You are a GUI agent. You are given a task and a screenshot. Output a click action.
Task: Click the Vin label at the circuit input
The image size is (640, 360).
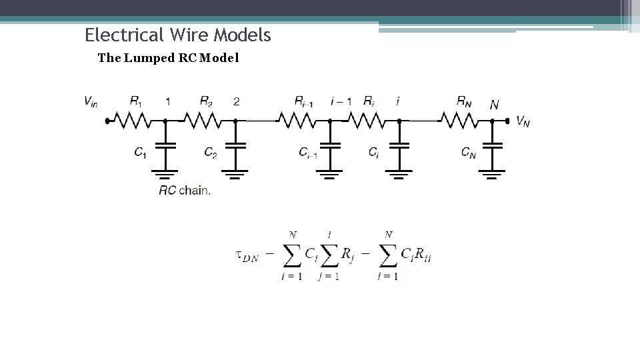tap(91, 101)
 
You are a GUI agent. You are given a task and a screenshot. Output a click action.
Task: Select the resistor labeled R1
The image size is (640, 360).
tap(135, 121)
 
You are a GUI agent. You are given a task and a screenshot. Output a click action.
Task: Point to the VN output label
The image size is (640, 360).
tap(523, 121)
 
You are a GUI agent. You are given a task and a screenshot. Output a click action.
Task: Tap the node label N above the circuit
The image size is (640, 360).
tap(494, 105)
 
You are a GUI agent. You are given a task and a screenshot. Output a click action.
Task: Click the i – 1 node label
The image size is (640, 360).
tap(341, 101)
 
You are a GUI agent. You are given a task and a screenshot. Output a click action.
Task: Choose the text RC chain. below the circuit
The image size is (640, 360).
tap(185, 190)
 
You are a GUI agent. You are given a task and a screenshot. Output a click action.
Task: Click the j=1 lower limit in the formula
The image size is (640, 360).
tap(328, 277)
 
